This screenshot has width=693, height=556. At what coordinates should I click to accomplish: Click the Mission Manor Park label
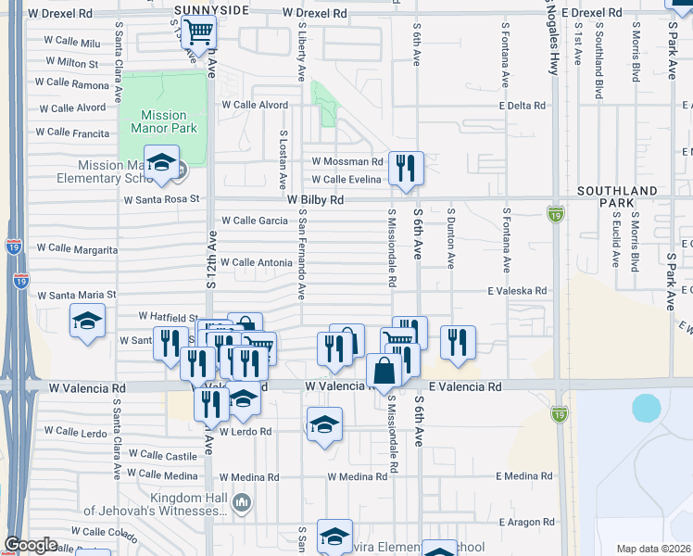(x=164, y=122)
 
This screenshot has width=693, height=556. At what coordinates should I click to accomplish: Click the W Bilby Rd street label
(x=315, y=199)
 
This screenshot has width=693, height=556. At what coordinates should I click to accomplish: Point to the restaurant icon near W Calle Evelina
(x=406, y=168)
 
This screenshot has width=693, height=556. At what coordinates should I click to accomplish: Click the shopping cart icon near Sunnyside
(x=198, y=32)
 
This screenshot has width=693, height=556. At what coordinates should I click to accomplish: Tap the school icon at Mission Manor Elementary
(x=161, y=163)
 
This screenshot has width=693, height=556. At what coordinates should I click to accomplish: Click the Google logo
(x=31, y=545)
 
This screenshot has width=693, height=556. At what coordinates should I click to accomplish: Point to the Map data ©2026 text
(x=654, y=549)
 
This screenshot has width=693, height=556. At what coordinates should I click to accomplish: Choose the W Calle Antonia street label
(x=256, y=263)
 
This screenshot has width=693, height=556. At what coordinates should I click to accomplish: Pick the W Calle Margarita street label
(x=77, y=249)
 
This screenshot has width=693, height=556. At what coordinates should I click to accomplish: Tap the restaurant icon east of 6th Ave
(x=458, y=342)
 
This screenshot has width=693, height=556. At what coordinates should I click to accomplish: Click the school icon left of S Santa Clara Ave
(x=88, y=321)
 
